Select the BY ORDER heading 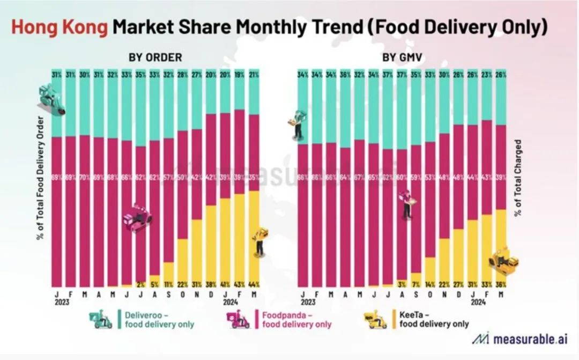(155, 56)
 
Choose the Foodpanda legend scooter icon (237, 319)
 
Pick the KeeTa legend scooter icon (375, 319)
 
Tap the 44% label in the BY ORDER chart (254, 283)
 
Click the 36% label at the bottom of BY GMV (501, 283)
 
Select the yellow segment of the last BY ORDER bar (254, 236)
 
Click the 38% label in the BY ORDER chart (211, 283)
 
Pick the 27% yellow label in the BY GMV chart (458, 283)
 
